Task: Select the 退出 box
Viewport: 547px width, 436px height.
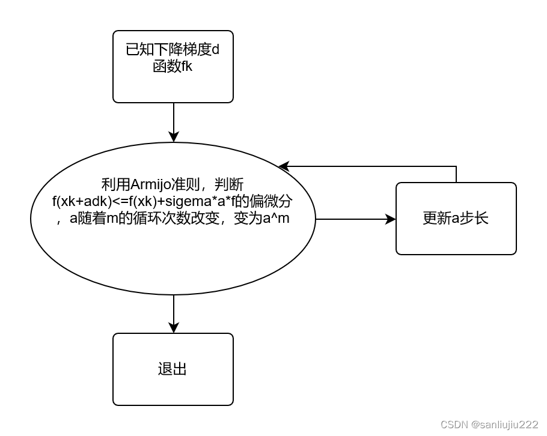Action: click(x=173, y=369)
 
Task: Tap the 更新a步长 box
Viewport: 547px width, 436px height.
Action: click(x=456, y=219)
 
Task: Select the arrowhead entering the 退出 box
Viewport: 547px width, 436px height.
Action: click(x=174, y=327)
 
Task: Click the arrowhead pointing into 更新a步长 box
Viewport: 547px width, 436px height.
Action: click(x=391, y=219)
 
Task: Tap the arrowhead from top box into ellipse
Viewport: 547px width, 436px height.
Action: click(x=174, y=137)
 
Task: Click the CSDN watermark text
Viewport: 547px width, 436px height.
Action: click(x=454, y=425)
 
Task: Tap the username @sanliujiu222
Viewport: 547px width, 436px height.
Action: click(x=505, y=425)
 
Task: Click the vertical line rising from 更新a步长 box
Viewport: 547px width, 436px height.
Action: click(x=456, y=174)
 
